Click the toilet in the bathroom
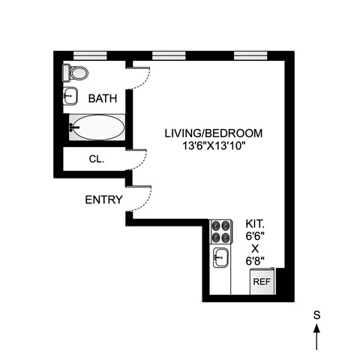[75, 72]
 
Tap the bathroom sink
[70, 95]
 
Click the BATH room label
[102, 98]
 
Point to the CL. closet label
[97, 159]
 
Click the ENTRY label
[100, 199]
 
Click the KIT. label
[256, 223]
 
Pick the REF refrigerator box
[261, 282]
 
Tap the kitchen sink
[220, 257]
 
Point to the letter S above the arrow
[316, 316]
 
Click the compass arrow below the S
[316, 336]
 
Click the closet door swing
[139, 156]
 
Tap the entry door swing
[139, 198]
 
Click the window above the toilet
[89, 53]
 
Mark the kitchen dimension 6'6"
[255, 235]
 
